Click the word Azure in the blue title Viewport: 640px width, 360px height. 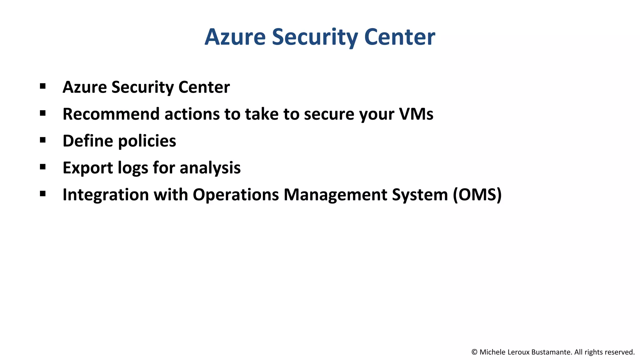(x=235, y=37)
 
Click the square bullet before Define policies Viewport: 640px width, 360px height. (x=43, y=140)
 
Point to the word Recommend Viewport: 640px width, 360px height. (x=111, y=114)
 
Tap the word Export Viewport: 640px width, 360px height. (x=87, y=168)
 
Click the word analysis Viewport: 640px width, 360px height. (x=210, y=168)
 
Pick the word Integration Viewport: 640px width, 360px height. (x=105, y=195)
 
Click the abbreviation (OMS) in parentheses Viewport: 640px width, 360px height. (x=477, y=195)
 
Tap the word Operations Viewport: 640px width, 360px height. (x=236, y=195)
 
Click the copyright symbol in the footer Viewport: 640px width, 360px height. (x=474, y=352)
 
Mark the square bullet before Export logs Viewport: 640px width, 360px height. (x=43, y=167)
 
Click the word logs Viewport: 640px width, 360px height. (x=133, y=168)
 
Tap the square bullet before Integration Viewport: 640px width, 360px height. (x=43, y=194)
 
